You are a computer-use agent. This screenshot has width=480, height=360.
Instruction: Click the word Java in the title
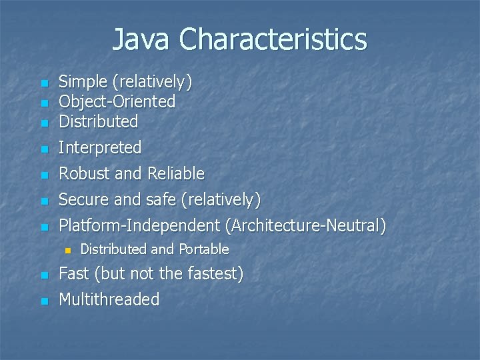[x=142, y=39]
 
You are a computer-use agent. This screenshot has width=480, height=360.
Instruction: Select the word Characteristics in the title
[x=273, y=39]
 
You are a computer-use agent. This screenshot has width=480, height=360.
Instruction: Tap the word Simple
[x=83, y=82]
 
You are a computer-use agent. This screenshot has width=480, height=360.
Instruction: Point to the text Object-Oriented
[x=117, y=102]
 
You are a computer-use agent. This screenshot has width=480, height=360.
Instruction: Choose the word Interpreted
[x=100, y=147]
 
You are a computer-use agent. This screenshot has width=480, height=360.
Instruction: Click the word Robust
[x=85, y=174]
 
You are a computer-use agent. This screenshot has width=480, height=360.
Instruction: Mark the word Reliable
[x=176, y=174]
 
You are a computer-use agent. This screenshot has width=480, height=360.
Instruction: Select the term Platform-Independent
[x=141, y=225]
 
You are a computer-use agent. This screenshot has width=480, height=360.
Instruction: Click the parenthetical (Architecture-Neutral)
[x=306, y=225]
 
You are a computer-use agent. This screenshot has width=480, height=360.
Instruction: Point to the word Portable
[x=203, y=249]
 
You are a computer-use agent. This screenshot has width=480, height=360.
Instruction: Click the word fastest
[x=217, y=274]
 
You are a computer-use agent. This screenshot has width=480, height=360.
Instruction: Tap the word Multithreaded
[x=109, y=300]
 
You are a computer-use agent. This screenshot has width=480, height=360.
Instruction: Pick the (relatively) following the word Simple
[x=153, y=82]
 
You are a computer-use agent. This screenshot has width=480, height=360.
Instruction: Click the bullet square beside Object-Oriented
[x=44, y=104]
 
